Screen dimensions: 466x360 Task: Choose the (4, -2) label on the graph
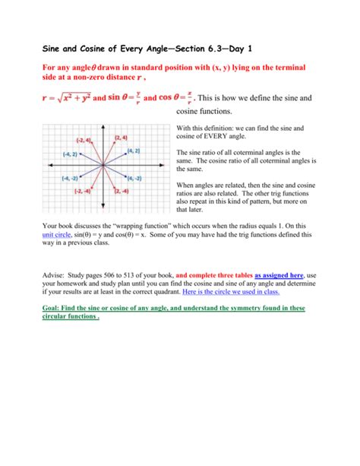[134, 178]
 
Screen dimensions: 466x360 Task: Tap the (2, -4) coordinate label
[122, 192]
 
